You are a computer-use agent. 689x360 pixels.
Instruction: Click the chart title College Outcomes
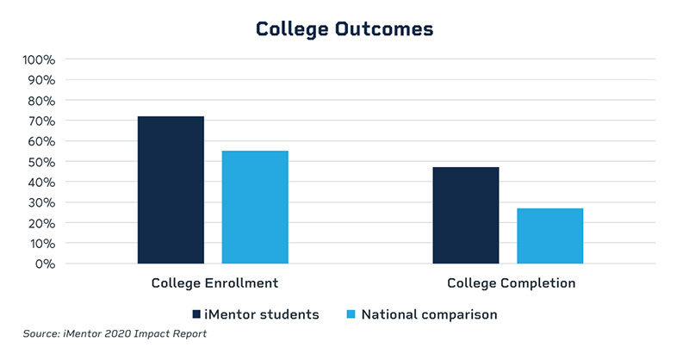(x=344, y=28)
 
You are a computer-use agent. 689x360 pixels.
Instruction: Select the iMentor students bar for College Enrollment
(x=171, y=189)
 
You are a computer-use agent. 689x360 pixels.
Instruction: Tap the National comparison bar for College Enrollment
(x=255, y=207)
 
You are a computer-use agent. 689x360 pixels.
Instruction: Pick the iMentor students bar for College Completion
(x=466, y=215)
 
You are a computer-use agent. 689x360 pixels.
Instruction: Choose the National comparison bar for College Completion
(x=550, y=235)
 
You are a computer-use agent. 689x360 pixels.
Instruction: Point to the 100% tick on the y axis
(x=38, y=60)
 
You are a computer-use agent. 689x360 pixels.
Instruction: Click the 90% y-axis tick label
(x=40, y=80)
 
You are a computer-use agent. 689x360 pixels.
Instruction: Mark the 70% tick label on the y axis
(x=40, y=121)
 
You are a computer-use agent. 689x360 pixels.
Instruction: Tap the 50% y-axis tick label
(x=40, y=162)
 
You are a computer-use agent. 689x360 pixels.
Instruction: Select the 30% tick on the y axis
(x=40, y=202)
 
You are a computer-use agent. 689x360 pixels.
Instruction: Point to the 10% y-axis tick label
(x=40, y=243)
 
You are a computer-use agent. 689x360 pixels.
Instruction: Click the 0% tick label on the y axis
(x=43, y=264)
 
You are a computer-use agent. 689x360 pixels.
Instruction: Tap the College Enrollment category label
(x=214, y=283)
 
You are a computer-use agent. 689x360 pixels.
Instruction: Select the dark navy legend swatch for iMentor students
(x=196, y=314)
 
